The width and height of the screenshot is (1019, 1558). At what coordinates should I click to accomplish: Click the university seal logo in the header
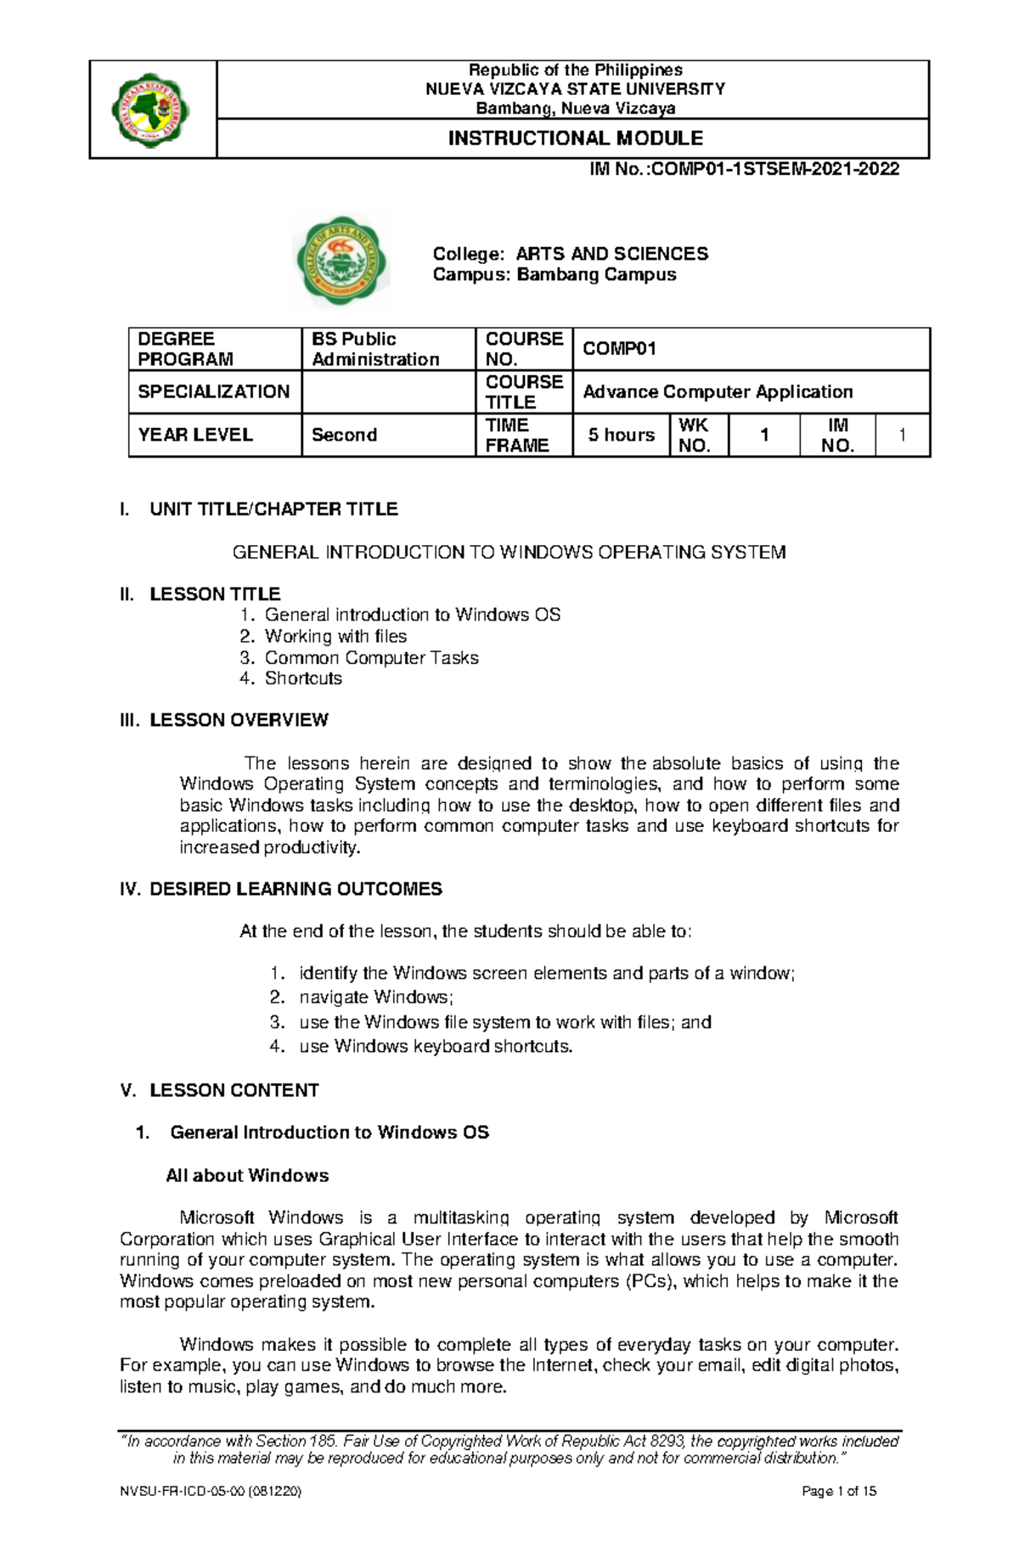coord(151,110)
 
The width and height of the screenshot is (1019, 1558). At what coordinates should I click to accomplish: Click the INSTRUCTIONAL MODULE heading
coord(575,138)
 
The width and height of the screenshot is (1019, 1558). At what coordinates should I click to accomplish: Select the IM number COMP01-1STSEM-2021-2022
coord(744,170)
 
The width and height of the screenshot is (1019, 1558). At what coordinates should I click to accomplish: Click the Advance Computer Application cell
coord(717,392)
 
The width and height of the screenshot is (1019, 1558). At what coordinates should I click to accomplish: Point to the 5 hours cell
coord(621,436)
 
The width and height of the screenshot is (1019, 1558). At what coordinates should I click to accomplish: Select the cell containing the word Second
coord(344,436)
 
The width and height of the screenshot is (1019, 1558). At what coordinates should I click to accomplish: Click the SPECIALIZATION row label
coord(214,392)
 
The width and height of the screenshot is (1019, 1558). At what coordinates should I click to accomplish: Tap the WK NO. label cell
coord(695,436)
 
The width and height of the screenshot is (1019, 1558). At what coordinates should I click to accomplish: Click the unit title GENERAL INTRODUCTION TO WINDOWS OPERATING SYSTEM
coord(509,553)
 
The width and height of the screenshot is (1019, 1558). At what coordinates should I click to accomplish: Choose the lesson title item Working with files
coord(335,637)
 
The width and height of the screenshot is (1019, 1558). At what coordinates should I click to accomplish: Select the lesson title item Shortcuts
coord(303,678)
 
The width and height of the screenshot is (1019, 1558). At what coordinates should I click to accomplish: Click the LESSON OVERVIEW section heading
coord(238,721)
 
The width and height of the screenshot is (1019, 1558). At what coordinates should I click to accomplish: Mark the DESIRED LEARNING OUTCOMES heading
coord(295,890)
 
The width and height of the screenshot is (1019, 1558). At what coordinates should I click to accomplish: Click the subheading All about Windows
coord(247,1177)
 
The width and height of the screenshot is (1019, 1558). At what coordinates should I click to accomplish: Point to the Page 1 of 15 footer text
coord(838,1516)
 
